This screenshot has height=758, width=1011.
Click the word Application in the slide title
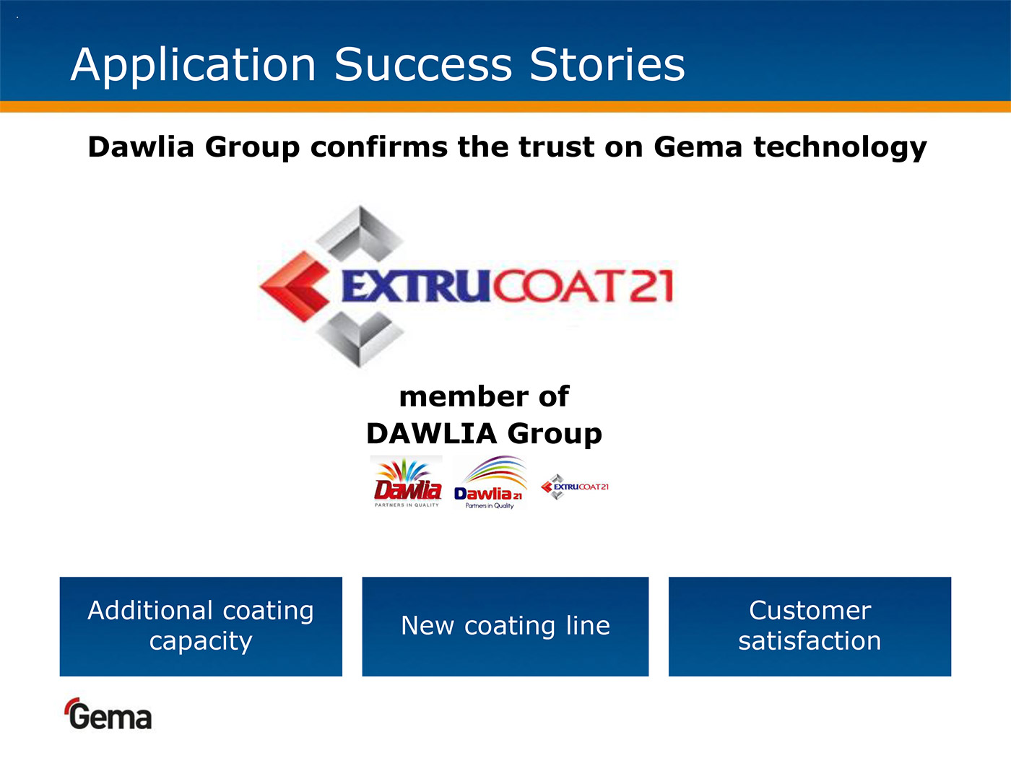[193, 66]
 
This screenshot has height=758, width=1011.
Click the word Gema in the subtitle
[698, 147]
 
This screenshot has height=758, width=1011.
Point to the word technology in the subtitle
[840, 148]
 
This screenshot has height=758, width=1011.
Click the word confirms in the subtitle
[378, 147]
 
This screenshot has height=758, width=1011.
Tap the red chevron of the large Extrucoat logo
[295, 287]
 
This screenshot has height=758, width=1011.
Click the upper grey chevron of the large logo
[360, 234]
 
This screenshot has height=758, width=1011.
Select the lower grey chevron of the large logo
[360, 339]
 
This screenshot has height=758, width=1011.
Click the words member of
[484, 396]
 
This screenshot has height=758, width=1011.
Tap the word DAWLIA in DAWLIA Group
[432, 434]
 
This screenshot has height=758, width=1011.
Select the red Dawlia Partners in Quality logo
[407, 482]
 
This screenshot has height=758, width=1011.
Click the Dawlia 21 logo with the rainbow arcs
[490, 482]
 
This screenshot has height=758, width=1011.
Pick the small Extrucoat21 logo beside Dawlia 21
[574, 487]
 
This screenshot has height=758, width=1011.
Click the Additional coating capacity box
[201, 627]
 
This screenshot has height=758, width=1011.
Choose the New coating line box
[506, 627]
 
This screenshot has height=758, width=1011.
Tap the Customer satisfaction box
[810, 627]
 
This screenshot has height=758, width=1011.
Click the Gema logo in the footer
[108, 713]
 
